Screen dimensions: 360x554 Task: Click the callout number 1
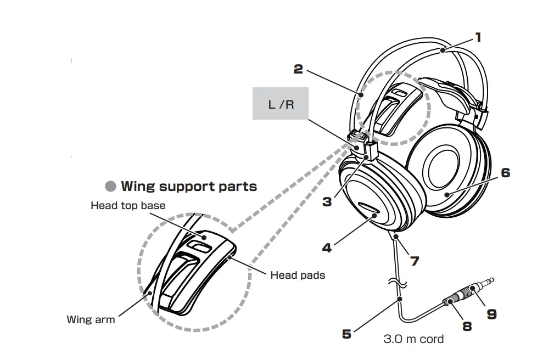[478, 37]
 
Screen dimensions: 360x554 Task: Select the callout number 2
[298, 69]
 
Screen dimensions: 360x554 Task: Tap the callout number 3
[327, 201]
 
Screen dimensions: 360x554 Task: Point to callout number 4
[327, 248]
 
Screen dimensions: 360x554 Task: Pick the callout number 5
[346, 334]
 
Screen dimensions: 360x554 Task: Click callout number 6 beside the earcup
[505, 173]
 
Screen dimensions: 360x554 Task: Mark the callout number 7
[415, 261]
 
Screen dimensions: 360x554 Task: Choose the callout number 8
[467, 327]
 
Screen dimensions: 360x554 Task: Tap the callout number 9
[491, 313]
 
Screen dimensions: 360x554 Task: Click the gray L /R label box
[281, 104]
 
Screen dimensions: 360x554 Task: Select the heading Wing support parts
[188, 186]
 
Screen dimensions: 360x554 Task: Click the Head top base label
[128, 206]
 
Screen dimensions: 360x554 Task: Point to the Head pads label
[298, 275]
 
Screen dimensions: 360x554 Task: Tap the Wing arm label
[91, 319]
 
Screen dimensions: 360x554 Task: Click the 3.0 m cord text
[413, 339]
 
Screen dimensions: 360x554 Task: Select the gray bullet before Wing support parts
[111, 187]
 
